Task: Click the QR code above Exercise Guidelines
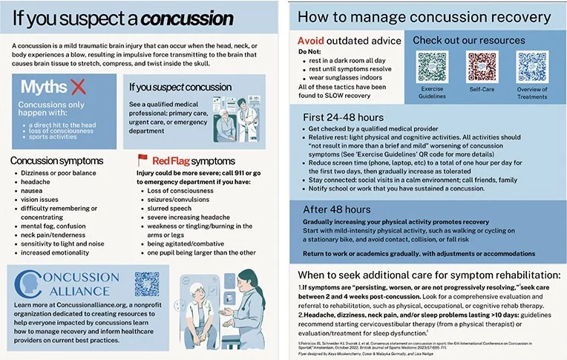[x=432, y=67]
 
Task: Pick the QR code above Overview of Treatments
[x=532, y=67]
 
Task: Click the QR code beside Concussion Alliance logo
[x=147, y=285]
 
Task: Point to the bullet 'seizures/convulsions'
[x=178, y=200]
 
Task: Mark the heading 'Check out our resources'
[x=479, y=40]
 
